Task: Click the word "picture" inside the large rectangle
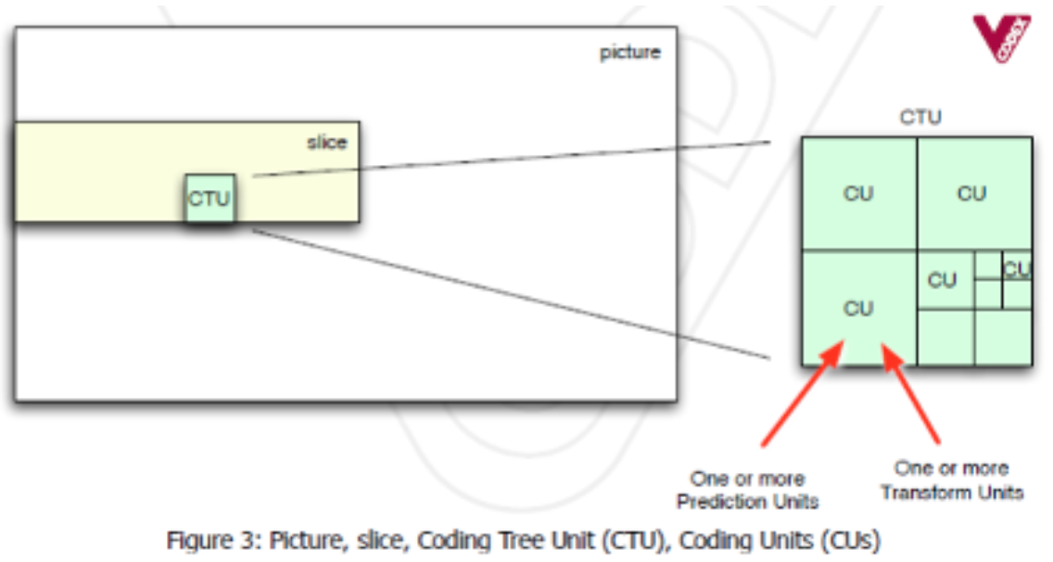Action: [630, 52]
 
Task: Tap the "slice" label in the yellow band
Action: [326, 143]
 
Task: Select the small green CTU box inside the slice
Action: [209, 198]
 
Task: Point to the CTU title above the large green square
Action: [920, 118]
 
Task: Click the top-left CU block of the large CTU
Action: [858, 194]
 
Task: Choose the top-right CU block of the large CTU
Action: [972, 194]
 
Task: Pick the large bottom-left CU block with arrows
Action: [858, 308]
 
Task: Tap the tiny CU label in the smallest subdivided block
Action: [1017, 269]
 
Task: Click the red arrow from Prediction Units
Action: [802, 394]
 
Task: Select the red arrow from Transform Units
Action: [912, 394]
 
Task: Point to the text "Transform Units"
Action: [952, 492]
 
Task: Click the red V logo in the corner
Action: [1001, 37]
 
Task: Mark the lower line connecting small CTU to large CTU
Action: [510, 292]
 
